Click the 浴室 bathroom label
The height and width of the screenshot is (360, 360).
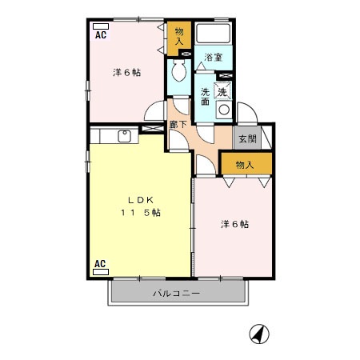tap(212, 58)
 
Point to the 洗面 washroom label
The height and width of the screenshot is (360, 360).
tap(205, 96)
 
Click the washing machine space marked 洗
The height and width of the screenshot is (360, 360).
tap(222, 91)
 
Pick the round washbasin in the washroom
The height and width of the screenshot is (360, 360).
tap(224, 110)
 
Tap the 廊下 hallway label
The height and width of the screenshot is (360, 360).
tap(178, 124)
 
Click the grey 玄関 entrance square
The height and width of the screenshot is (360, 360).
tap(246, 138)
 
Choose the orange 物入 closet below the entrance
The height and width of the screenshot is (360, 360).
tap(246, 165)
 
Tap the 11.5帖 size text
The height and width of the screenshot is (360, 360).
tap(141, 213)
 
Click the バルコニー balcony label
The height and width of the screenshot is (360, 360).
tap(177, 294)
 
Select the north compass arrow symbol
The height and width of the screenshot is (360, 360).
tap(258, 333)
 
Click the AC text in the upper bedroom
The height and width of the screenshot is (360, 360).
tap(101, 36)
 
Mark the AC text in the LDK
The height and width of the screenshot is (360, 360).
tap(101, 262)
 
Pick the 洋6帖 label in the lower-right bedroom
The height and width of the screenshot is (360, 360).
tap(234, 224)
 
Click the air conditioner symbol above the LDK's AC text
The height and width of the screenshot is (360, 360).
tap(101, 272)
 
